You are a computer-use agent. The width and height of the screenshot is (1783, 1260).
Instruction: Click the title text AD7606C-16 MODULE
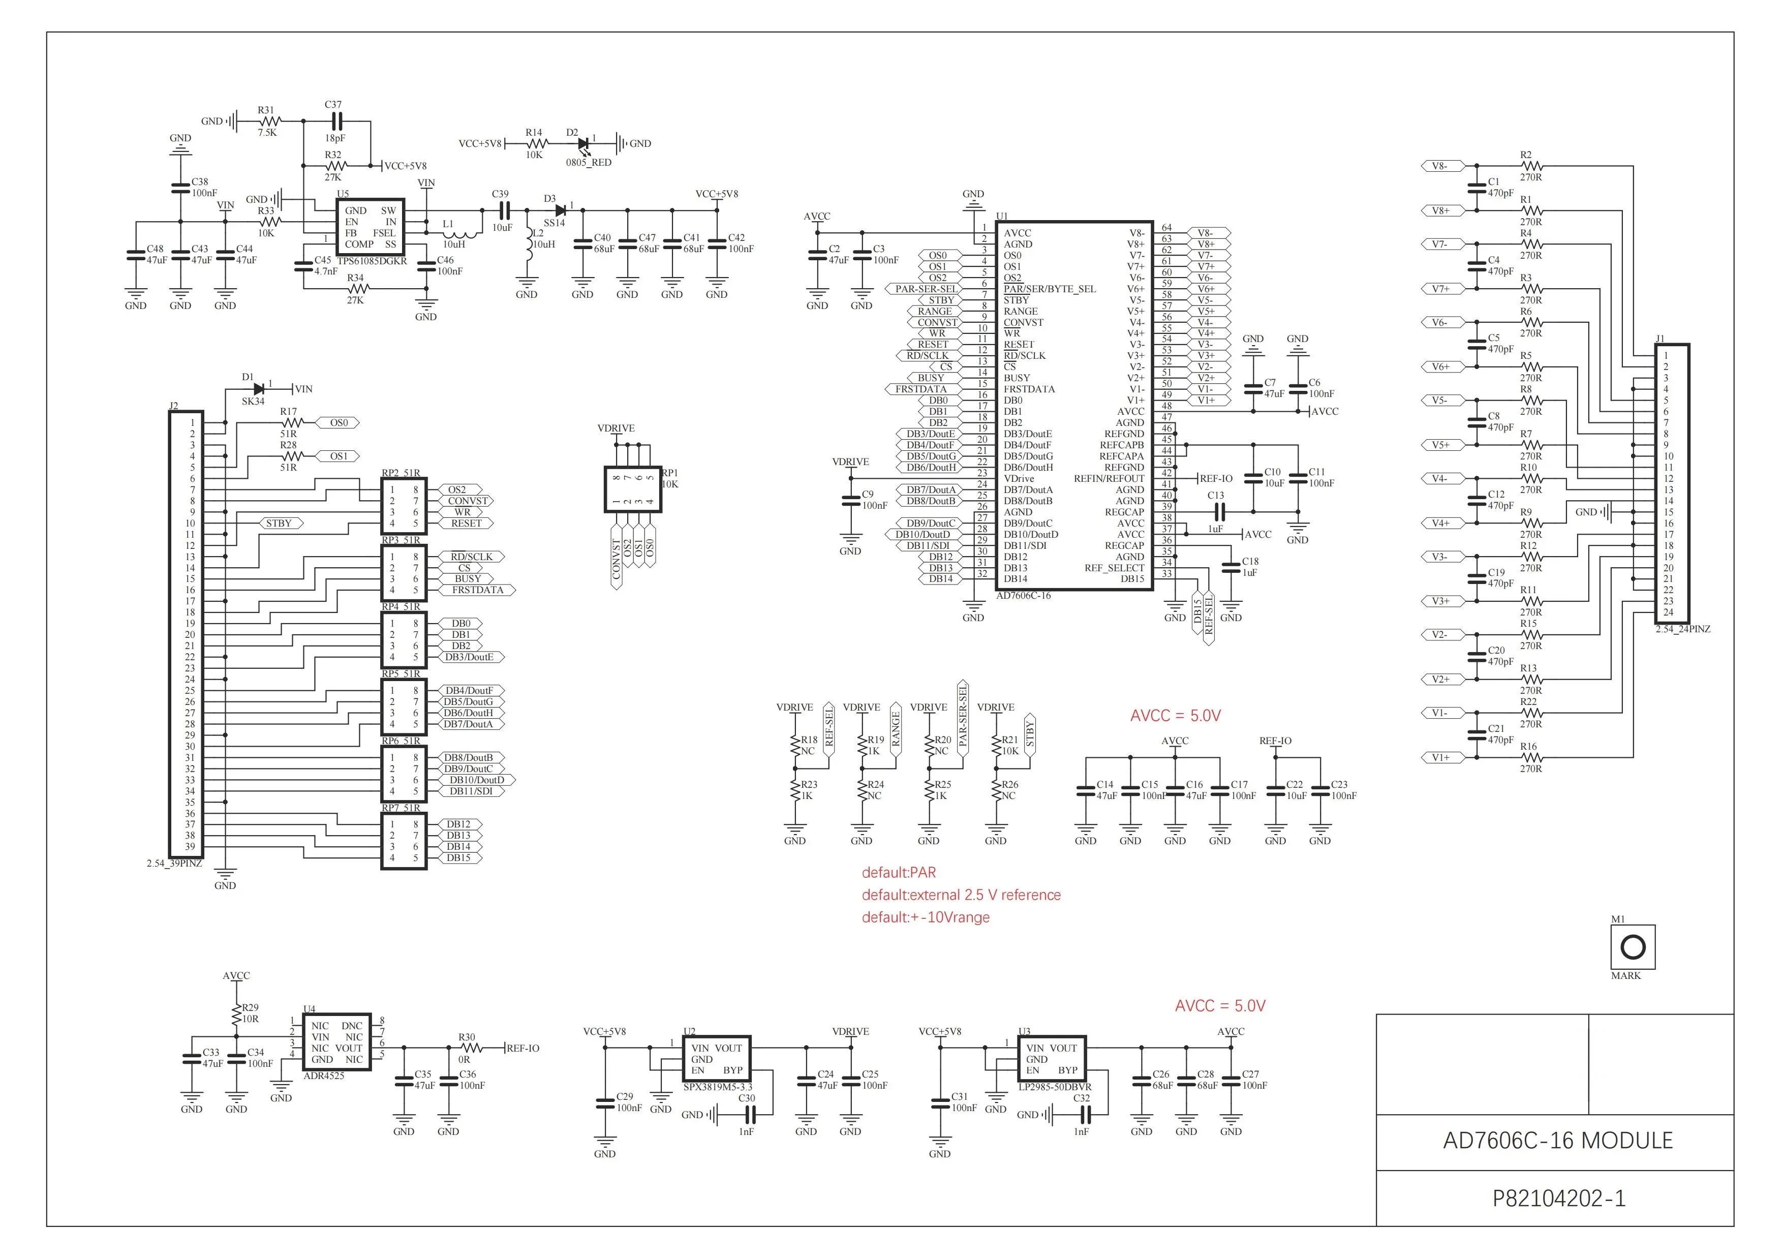click(1558, 1141)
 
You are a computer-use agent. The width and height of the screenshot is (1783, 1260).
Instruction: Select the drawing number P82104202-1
click(1558, 1198)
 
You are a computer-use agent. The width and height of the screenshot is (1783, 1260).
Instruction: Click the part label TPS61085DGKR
click(372, 262)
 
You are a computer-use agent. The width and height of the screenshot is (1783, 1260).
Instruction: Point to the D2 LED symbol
click(583, 144)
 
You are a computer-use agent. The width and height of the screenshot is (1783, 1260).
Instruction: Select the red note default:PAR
click(899, 873)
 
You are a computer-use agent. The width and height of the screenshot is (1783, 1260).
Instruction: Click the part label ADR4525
click(324, 1076)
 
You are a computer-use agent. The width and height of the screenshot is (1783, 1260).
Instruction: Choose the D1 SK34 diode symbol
click(259, 389)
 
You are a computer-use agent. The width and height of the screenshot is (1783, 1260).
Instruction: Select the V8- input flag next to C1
click(1442, 166)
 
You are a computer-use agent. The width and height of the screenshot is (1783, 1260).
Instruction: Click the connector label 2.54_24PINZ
click(1683, 629)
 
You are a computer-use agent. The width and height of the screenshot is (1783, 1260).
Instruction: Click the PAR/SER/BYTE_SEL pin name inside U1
click(1050, 289)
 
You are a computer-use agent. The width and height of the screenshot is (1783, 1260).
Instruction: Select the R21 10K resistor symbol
click(996, 745)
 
